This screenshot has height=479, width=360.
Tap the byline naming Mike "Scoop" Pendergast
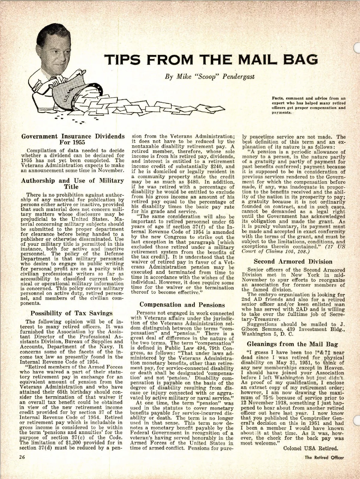click(x=210, y=76)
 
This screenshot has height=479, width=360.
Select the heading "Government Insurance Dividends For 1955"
click(x=73, y=139)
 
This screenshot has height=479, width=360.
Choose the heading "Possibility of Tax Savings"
click(x=72, y=313)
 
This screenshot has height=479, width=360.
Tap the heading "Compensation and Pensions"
click(x=182, y=305)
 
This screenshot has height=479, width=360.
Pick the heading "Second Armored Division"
click(x=293, y=261)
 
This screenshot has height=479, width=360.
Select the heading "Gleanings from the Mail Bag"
click(x=292, y=344)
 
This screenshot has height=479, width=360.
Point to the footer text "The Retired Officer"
click(x=324, y=457)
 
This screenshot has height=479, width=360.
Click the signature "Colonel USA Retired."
click(x=310, y=448)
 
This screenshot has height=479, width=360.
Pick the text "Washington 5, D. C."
click(x=268, y=334)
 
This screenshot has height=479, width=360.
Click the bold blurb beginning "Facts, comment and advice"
click(x=308, y=105)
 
